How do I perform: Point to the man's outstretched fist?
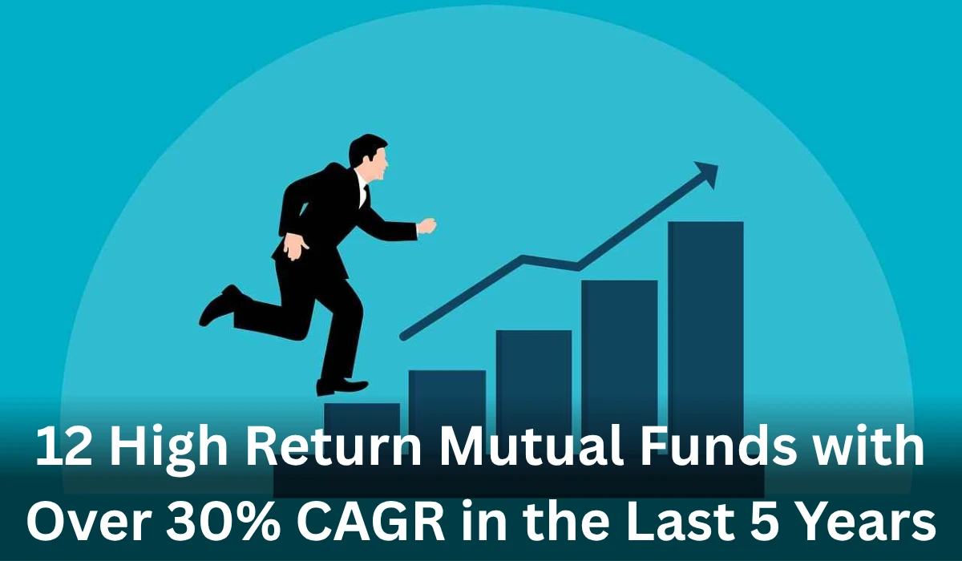pos(426,226)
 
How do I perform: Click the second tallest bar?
pos(619,353)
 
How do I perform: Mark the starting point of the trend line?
pos(403,336)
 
